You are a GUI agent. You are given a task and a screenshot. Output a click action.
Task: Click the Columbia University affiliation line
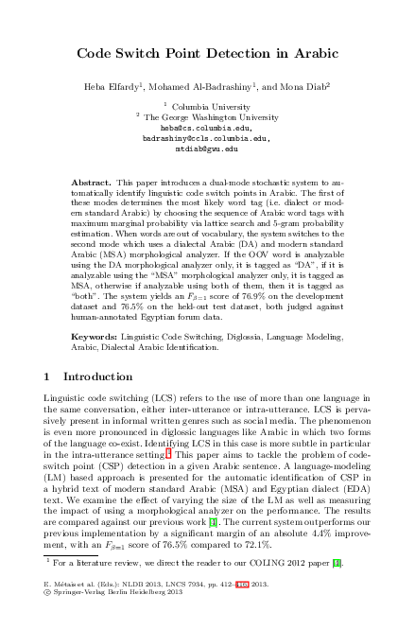[210, 106]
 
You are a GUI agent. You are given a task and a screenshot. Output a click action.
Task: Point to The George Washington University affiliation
[210, 116]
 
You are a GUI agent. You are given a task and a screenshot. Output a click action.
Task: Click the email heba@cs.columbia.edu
[206, 127]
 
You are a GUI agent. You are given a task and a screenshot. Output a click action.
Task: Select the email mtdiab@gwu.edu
[206, 149]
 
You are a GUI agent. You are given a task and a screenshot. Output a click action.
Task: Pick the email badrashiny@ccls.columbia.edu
[206, 137]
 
